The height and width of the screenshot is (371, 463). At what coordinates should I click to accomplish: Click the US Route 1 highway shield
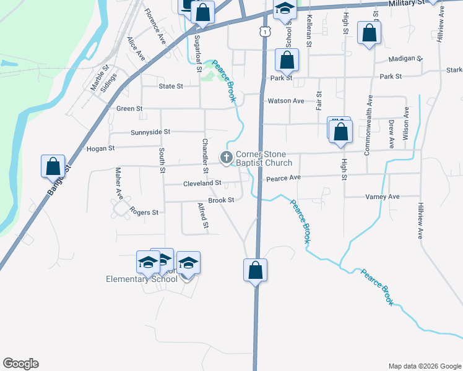coord(265,30)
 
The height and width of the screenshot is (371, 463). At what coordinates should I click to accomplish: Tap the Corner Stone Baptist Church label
coord(263,158)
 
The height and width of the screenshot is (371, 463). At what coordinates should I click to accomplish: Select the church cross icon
coord(227,158)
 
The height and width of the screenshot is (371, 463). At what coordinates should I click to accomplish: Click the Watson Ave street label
coord(285,101)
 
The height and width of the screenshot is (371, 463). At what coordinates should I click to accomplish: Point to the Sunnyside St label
coord(150,132)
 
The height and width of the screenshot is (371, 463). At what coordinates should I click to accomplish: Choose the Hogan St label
coord(101,148)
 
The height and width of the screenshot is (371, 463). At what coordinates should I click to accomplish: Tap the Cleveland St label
coord(202,184)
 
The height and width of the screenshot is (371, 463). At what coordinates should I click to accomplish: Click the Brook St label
coord(221,200)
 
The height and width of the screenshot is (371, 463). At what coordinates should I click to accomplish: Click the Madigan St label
coord(405,59)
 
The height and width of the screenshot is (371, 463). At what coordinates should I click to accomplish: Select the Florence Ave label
coord(155,26)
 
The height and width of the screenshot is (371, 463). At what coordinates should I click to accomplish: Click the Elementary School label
coord(142,279)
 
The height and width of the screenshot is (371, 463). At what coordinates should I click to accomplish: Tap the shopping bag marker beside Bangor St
coord(53,168)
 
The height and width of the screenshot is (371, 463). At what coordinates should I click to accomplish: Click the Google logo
coord(20,364)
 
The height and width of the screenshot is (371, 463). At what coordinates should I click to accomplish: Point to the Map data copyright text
coord(424,366)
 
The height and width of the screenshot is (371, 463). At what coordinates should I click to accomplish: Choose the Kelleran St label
coord(308,32)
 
